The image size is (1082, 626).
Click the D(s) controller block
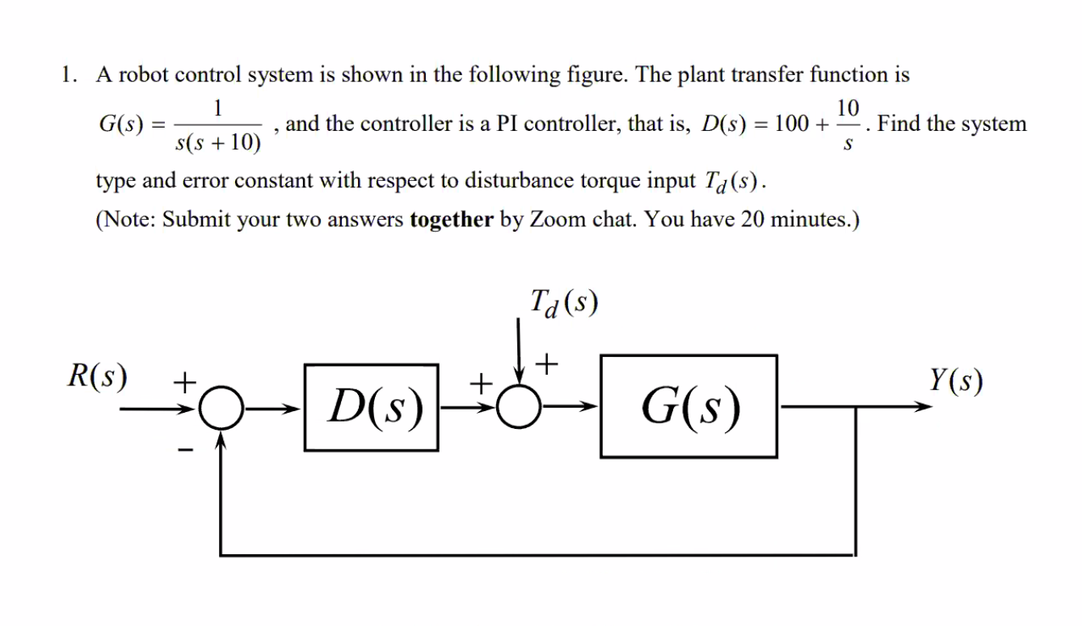(371, 407)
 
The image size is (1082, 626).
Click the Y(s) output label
(956, 380)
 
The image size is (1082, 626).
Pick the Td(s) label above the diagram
(564, 305)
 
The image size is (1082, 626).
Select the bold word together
(451, 220)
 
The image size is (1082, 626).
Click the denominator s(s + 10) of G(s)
(217, 144)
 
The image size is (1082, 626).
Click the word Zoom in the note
(553, 220)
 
